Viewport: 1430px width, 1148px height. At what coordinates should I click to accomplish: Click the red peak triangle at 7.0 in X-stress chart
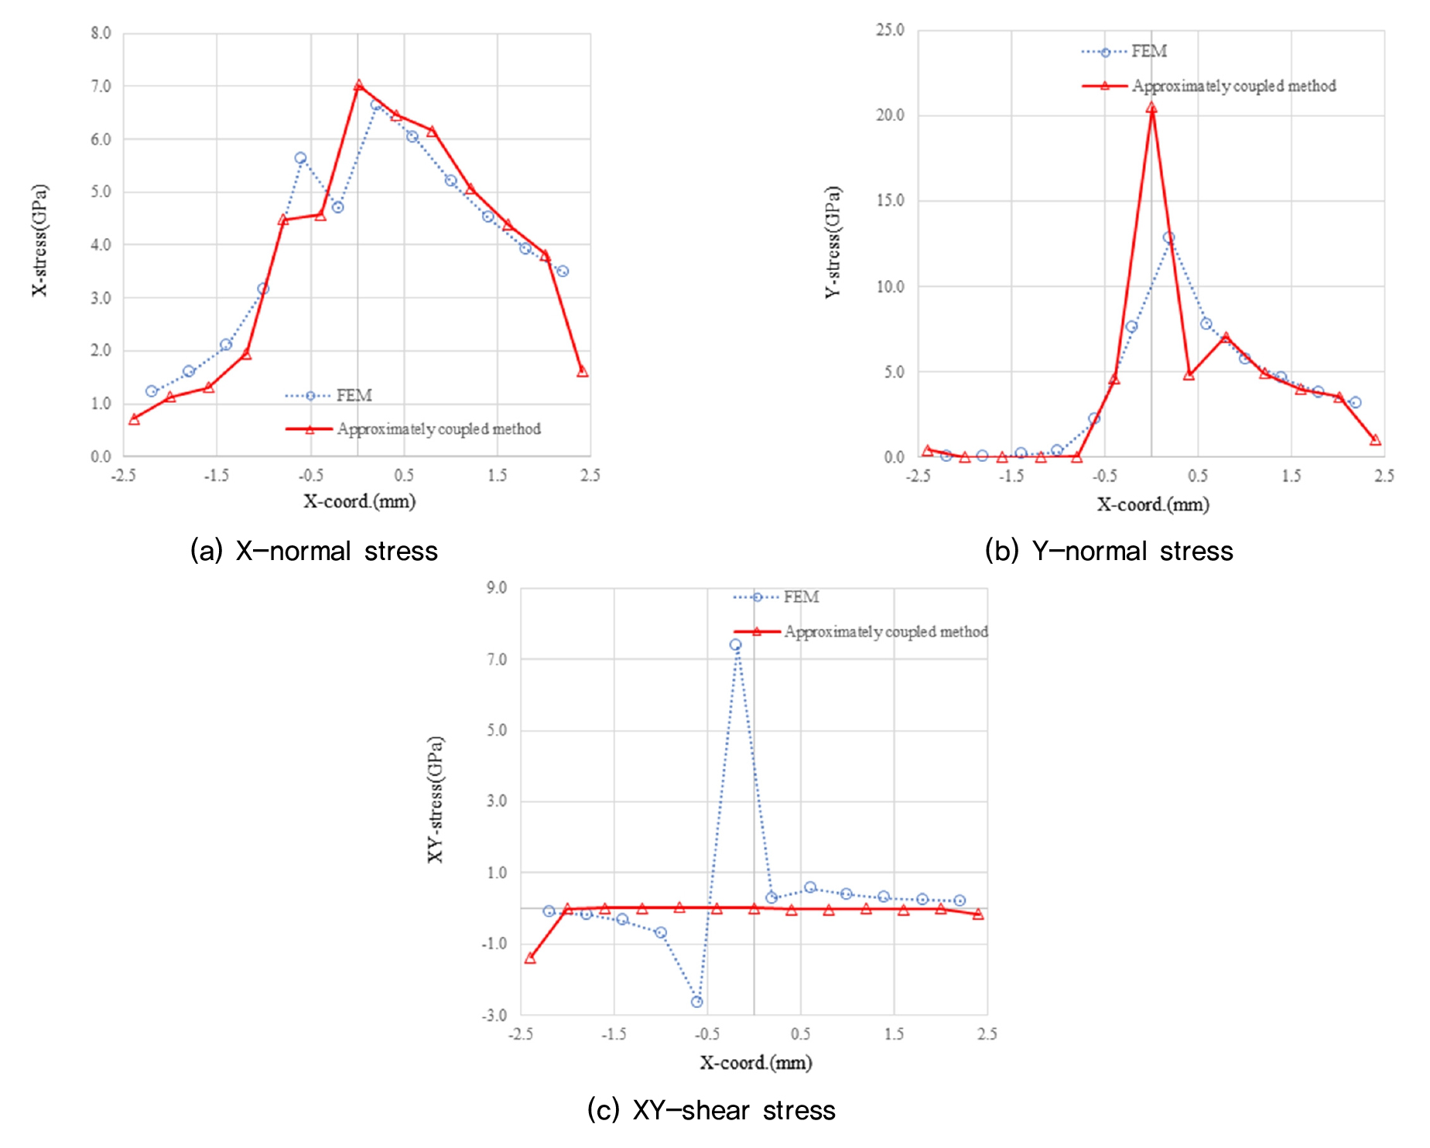[x=358, y=86]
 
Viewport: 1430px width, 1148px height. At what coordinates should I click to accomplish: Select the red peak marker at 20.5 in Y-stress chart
[x=1151, y=108]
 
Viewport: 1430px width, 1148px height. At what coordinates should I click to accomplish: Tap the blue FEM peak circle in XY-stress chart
[x=735, y=644]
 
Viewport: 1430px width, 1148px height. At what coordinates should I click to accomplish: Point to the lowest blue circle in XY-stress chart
[x=697, y=1002]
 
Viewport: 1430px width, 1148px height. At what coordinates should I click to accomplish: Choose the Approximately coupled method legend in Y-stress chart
[x=1233, y=86]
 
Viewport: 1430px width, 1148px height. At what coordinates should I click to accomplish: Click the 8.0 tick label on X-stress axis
[x=101, y=33]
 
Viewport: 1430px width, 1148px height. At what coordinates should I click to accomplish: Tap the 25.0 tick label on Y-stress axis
[x=890, y=30]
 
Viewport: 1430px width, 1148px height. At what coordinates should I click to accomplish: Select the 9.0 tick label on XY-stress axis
[x=497, y=588]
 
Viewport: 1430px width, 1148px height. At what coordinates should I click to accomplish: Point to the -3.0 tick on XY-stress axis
[x=494, y=1015]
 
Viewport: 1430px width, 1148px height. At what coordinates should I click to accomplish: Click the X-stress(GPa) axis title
[x=40, y=240]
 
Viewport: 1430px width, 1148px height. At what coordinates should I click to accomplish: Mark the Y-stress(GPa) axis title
[x=833, y=242]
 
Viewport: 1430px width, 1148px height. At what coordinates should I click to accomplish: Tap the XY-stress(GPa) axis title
[x=436, y=799]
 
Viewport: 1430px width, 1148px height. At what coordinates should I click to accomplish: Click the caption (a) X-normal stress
[x=314, y=551]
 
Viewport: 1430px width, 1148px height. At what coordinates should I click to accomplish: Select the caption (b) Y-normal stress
[x=1109, y=551]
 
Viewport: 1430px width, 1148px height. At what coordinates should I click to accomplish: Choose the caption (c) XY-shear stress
[x=711, y=1110]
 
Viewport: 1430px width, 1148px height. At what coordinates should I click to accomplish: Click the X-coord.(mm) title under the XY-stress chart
[x=756, y=1063]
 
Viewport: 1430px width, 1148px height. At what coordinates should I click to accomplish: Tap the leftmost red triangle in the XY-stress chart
[x=530, y=958]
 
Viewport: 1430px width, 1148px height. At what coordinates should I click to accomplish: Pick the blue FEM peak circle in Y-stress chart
[x=1168, y=238]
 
